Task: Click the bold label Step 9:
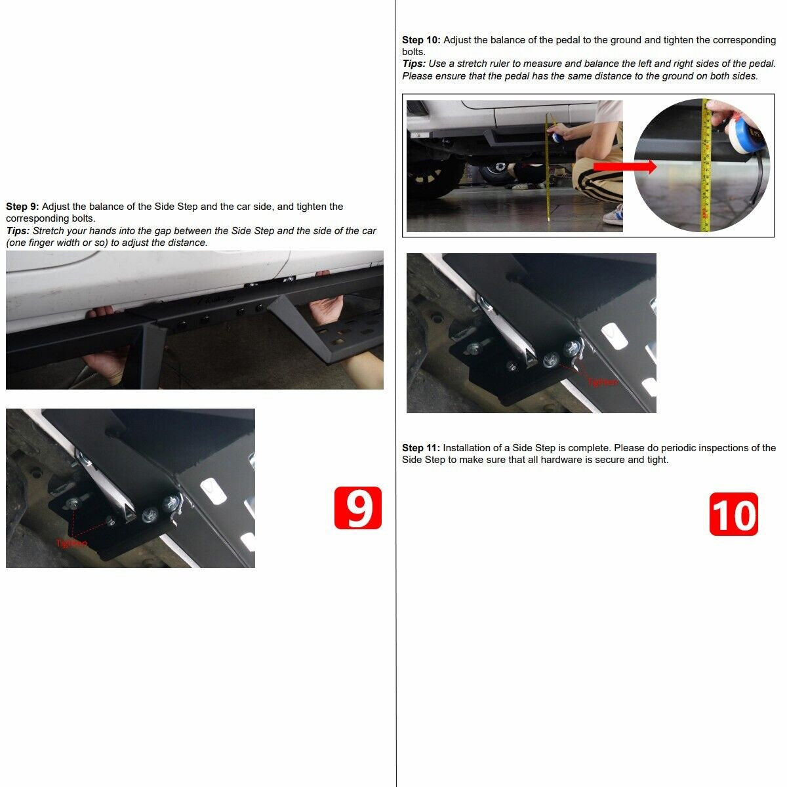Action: pos(22,207)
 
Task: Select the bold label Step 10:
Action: pos(421,40)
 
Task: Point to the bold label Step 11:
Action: pos(421,448)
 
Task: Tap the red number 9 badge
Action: pos(357,508)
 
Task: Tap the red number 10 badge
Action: pos(733,514)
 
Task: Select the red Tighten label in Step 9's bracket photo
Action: pos(71,543)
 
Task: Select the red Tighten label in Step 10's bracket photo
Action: pos(601,382)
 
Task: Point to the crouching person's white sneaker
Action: pos(613,216)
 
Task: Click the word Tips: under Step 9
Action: pos(18,231)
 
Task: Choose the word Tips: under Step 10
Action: pos(414,64)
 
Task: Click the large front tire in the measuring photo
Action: pos(436,177)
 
